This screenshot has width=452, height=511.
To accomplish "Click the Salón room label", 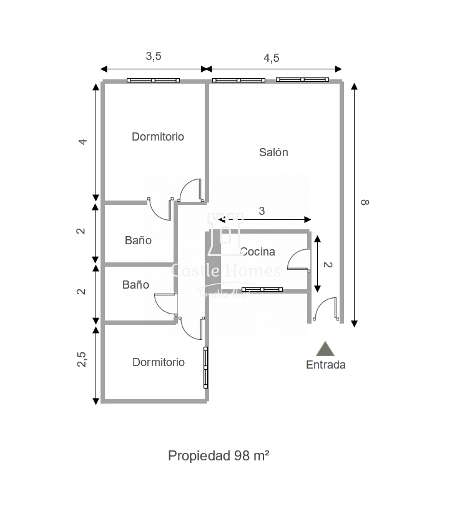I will pyautogui.click(x=273, y=152).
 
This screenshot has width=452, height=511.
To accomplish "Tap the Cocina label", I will pyautogui.click(x=257, y=252).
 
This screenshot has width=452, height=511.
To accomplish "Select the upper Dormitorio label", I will pyautogui.click(x=158, y=136).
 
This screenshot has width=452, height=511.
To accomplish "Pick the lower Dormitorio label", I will pyautogui.click(x=159, y=362).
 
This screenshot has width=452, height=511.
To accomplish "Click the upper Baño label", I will pyautogui.click(x=138, y=240).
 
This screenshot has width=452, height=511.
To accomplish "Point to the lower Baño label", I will pyautogui.click(x=135, y=284).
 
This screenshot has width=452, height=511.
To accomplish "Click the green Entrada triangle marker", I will pyautogui.click(x=325, y=349).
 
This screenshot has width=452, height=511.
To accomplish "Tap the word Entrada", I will pyautogui.click(x=325, y=365).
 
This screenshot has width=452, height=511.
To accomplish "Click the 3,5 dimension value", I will pyautogui.click(x=154, y=56).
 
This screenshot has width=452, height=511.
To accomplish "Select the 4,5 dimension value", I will pyautogui.click(x=271, y=57).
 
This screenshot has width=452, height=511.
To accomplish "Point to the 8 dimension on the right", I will pyautogui.click(x=365, y=202).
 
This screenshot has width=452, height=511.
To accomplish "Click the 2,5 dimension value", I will pyautogui.click(x=82, y=360).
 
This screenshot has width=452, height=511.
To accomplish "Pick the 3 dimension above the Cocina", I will pyautogui.click(x=262, y=211).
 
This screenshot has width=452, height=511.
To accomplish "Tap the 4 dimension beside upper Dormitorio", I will pyautogui.click(x=82, y=141).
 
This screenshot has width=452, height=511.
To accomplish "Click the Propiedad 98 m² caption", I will pyautogui.click(x=219, y=455).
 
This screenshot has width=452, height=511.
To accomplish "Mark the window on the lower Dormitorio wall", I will pyautogui.click(x=205, y=367).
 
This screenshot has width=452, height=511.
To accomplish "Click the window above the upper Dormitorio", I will pyautogui.click(x=153, y=80).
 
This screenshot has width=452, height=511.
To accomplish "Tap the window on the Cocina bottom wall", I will pyautogui.click(x=262, y=289).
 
